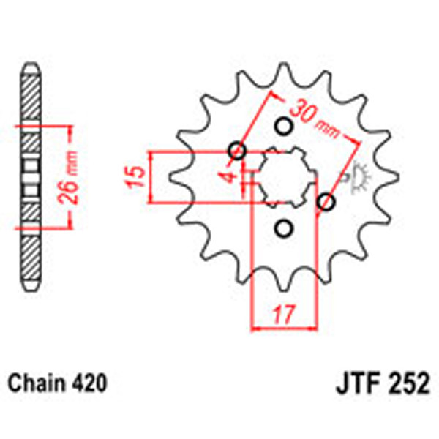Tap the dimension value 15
coord(133,177)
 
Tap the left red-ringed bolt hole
coord(237,151)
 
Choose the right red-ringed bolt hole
coord(327,201)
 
